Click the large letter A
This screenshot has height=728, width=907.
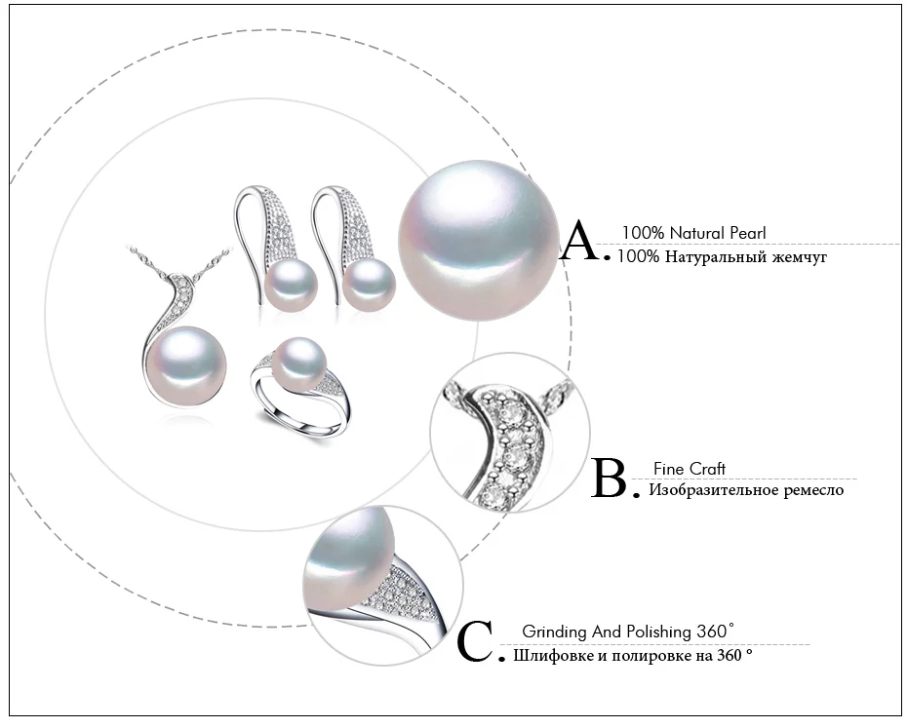pyautogui.click(x=580, y=241)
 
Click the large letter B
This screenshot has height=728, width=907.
pyautogui.click(x=610, y=478)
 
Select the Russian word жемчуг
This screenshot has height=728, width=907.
pyautogui.click(x=800, y=256)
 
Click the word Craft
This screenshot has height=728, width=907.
pyautogui.click(x=707, y=469)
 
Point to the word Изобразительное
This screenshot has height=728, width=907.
pyautogui.click(x=713, y=490)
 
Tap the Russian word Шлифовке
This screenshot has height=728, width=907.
pyautogui.click(x=548, y=656)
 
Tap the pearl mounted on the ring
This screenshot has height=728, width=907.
pyautogui.click(x=299, y=364)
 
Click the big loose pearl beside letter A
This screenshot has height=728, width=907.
pyautogui.click(x=478, y=240)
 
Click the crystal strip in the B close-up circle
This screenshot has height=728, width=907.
pyautogui.click(x=510, y=445)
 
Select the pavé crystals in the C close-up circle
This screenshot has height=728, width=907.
pyautogui.click(x=398, y=591)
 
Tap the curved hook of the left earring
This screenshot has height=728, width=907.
pyautogui.click(x=255, y=231)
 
